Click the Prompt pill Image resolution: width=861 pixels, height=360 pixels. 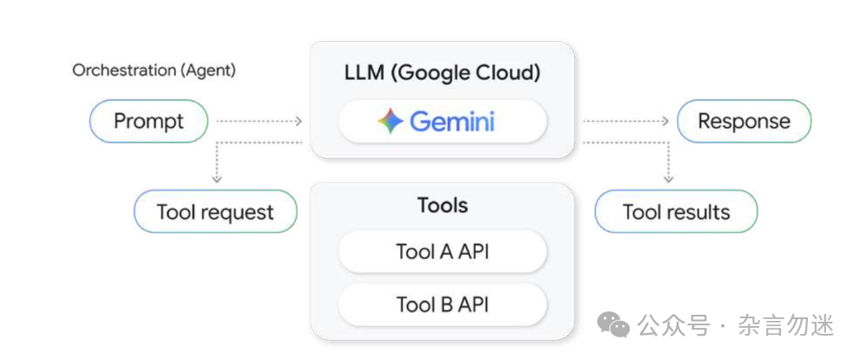click(x=149, y=121)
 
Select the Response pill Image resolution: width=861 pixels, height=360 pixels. click(x=744, y=121)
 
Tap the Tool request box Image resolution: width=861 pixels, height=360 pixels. click(x=215, y=212)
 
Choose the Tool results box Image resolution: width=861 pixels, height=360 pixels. click(x=676, y=212)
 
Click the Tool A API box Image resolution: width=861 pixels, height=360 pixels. click(x=442, y=252)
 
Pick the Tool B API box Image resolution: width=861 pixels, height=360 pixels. click(x=442, y=304)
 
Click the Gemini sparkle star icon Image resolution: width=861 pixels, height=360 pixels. click(x=391, y=122)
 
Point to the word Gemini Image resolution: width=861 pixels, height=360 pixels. click(x=452, y=122)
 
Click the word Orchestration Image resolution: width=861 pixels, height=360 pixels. click(x=124, y=70)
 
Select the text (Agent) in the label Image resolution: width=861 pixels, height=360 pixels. click(x=208, y=70)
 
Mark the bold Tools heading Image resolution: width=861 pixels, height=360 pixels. click(x=442, y=205)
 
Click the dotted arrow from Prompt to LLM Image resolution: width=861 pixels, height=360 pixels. click(x=258, y=122)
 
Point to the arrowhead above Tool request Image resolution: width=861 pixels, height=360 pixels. click(x=217, y=178)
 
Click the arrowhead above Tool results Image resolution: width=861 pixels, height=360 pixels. click(x=668, y=178)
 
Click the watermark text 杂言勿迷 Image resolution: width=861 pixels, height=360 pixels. click(x=786, y=325)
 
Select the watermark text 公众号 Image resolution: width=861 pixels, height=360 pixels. click(x=670, y=325)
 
